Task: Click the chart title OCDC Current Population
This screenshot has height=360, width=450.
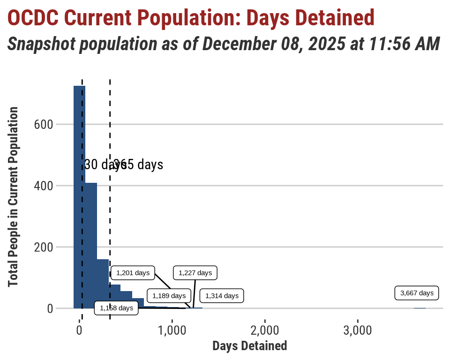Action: point(191,18)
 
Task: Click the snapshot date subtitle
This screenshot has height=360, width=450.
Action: point(224,44)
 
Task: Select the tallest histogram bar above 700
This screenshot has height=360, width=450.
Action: point(79,197)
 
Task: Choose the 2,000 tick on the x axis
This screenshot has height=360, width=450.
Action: point(265,330)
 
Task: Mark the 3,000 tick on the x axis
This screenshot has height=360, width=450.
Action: point(358,330)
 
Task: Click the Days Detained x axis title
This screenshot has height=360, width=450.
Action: point(250,346)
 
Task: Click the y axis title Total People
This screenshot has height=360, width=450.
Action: point(13,197)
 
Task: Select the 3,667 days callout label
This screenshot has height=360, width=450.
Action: point(417,293)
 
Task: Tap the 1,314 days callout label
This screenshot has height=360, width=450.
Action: point(222,296)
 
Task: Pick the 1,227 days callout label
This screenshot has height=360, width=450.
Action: point(195,272)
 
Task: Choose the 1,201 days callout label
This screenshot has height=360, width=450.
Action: point(133,272)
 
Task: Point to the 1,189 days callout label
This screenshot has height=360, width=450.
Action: point(169,296)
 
